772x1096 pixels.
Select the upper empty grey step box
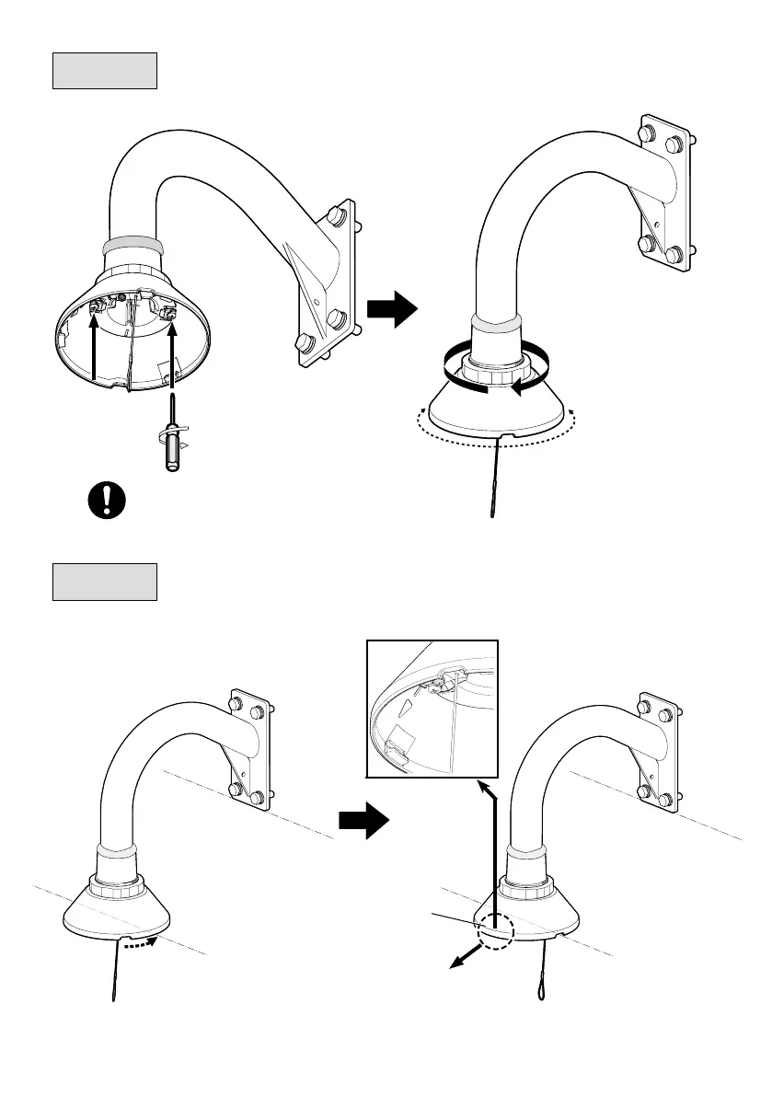105,71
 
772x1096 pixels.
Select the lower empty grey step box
105,582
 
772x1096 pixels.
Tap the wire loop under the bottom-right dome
540,987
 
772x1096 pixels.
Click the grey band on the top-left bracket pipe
133,247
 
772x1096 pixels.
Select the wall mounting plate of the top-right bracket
664,194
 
